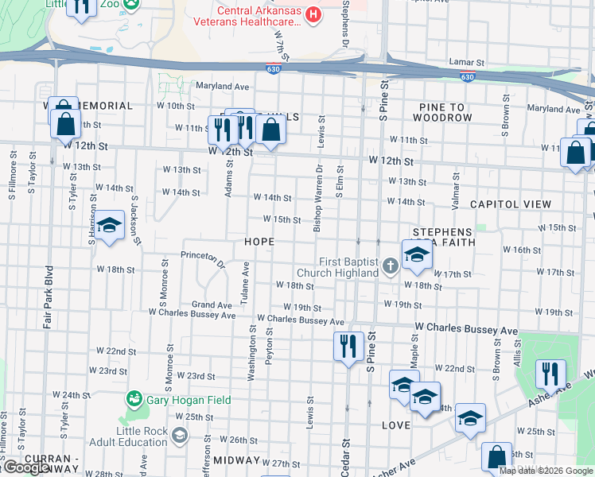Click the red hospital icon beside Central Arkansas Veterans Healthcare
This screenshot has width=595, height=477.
pos(314,14)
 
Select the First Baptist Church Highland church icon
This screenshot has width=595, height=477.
pos(390,266)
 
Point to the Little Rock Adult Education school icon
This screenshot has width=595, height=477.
pos(180,434)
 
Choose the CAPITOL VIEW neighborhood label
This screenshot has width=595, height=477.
pos(510,204)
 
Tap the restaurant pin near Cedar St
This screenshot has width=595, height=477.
pos(348,346)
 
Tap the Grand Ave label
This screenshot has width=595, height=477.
pos(212,304)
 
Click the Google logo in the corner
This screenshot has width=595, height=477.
pos(26,467)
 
